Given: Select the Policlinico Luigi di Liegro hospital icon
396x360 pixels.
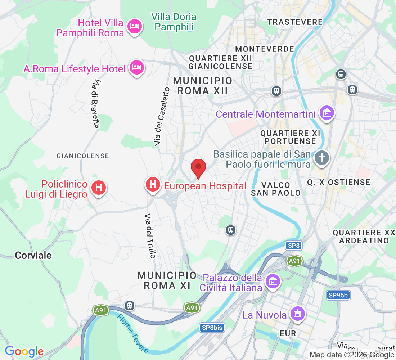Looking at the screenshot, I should (x=99, y=188).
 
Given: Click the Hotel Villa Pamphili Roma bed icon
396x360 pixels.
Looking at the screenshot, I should (x=135, y=26).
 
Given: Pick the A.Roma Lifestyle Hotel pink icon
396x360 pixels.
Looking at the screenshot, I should (x=137, y=67).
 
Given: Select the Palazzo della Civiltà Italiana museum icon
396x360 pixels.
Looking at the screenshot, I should (x=273, y=281).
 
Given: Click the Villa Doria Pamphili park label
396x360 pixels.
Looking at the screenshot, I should (x=174, y=22).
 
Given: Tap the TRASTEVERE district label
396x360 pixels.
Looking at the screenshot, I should (x=295, y=22).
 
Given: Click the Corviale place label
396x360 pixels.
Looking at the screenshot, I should (x=33, y=255).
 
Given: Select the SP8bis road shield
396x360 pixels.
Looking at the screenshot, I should (x=212, y=328).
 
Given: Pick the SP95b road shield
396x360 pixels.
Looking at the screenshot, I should (x=338, y=295).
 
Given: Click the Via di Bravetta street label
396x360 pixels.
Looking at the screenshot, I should (x=95, y=104).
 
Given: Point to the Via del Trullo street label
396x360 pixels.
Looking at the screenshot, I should (x=150, y=236).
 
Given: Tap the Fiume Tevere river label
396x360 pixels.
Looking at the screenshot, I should (x=132, y=333).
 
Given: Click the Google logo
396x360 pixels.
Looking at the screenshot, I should (x=24, y=351).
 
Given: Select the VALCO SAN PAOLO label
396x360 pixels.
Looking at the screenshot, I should (x=276, y=189).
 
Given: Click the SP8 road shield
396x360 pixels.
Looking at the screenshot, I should (x=293, y=246).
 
